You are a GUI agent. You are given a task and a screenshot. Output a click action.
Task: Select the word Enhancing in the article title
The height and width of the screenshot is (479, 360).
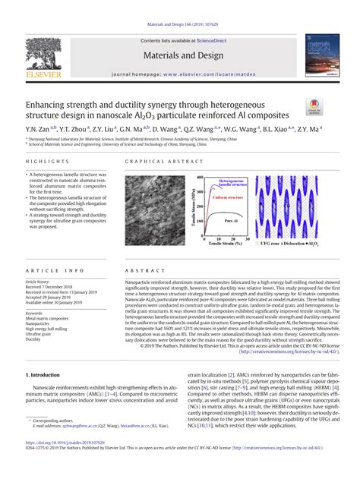[x=53, y=102]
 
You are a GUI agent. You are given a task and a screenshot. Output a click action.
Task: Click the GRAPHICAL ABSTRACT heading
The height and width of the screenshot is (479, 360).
[x=153, y=162]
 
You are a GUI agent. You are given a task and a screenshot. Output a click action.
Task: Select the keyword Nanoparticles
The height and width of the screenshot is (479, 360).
[x=39, y=323]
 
